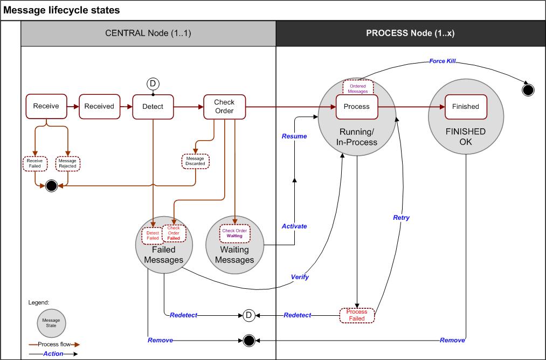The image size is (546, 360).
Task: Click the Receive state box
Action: [x=46, y=106]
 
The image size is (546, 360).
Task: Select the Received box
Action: [x=99, y=106]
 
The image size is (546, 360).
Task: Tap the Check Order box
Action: [x=224, y=106]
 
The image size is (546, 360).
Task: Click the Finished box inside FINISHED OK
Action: [x=465, y=106]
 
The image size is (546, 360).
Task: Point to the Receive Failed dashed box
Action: [x=34, y=163]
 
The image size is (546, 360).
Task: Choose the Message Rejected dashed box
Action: [x=67, y=163]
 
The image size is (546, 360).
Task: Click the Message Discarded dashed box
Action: [x=195, y=161]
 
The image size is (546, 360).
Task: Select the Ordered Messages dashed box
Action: [x=358, y=88]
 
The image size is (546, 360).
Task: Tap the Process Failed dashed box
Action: [x=356, y=315]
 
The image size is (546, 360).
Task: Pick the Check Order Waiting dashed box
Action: [x=234, y=233]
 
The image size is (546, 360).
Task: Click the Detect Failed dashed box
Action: [x=153, y=235]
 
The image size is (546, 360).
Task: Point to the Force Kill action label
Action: [x=443, y=61]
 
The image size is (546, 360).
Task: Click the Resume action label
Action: [x=294, y=136]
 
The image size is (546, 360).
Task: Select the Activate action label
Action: [x=294, y=226]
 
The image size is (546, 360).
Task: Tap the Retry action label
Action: [x=401, y=218]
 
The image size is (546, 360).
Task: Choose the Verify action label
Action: [x=300, y=276]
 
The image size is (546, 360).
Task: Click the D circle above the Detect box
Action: [x=153, y=84]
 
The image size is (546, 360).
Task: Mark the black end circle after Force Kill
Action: [x=528, y=89]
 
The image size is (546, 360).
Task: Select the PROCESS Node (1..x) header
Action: [x=410, y=33]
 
